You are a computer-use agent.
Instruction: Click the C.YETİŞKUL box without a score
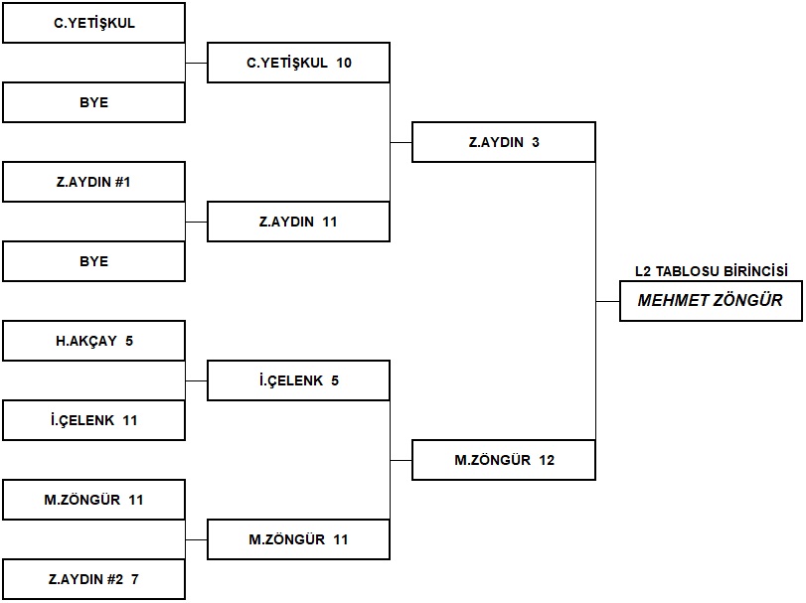(x=93, y=23)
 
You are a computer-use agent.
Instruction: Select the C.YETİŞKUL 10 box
(x=298, y=63)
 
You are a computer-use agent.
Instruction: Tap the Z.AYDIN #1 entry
(x=93, y=182)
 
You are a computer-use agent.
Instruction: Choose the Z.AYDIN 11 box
(x=298, y=222)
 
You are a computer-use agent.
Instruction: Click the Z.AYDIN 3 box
(x=504, y=142)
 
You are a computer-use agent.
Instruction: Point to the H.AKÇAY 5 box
(x=93, y=341)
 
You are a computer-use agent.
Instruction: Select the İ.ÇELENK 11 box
(x=93, y=420)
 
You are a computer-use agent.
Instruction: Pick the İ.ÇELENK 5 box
(x=298, y=380)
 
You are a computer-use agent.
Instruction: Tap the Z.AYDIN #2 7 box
(x=93, y=579)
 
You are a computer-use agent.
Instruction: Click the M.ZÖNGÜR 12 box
(x=504, y=460)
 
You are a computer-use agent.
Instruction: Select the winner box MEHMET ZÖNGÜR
(x=711, y=301)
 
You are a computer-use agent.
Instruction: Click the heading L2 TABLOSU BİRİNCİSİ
(x=712, y=271)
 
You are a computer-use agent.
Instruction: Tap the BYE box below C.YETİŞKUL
(x=93, y=102)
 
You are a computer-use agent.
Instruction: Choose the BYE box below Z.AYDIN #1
(x=93, y=261)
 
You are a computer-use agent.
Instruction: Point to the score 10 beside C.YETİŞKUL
(x=344, y=63)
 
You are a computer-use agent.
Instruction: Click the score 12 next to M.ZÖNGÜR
(x=547, y=460)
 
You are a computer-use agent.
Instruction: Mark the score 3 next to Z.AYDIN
(x=536, y=142)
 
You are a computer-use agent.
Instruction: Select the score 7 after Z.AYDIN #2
(x=135, y=579)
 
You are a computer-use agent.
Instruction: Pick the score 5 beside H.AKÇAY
(x=129, y=341)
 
